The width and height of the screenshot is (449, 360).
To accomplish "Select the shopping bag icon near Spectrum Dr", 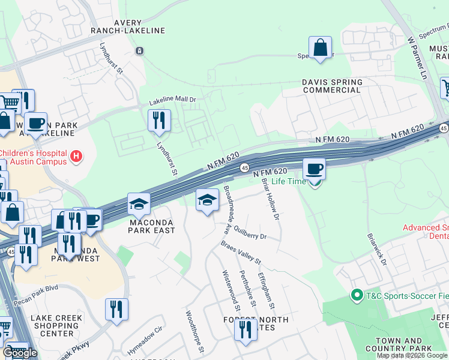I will point(321,48).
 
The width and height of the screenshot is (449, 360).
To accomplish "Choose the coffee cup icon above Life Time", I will point(314,169).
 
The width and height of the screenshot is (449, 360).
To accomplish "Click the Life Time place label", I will point(289,181).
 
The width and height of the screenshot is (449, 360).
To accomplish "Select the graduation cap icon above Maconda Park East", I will point(139,205).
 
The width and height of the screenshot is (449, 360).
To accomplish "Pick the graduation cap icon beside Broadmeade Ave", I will point(207,200).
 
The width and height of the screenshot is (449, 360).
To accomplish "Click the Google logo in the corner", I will point(20,353).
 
